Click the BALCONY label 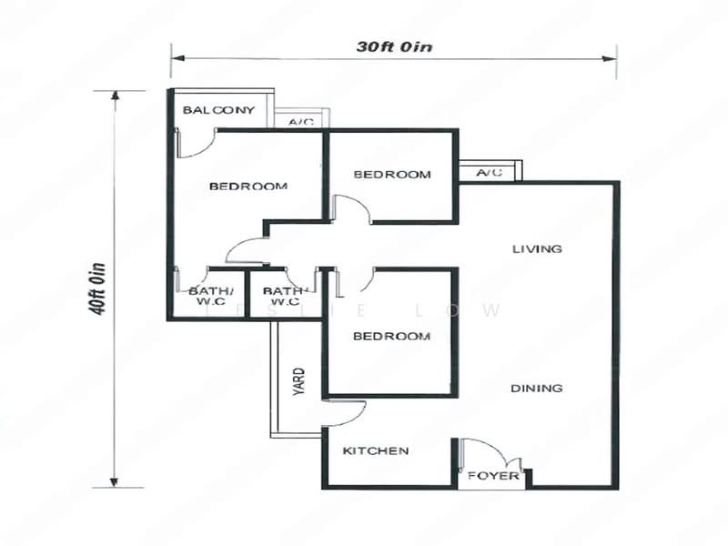[218, 110]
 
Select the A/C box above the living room [490, 172]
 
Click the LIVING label [537, 248]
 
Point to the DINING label [536, 389]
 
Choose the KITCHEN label [375, 450]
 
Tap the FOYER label [493, 476]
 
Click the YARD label [298, 383]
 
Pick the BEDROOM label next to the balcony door [248, 187]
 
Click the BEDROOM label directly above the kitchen [391, 336]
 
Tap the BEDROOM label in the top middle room [391, 174]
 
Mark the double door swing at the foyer [491, 453]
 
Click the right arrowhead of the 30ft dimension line [612, 59]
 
